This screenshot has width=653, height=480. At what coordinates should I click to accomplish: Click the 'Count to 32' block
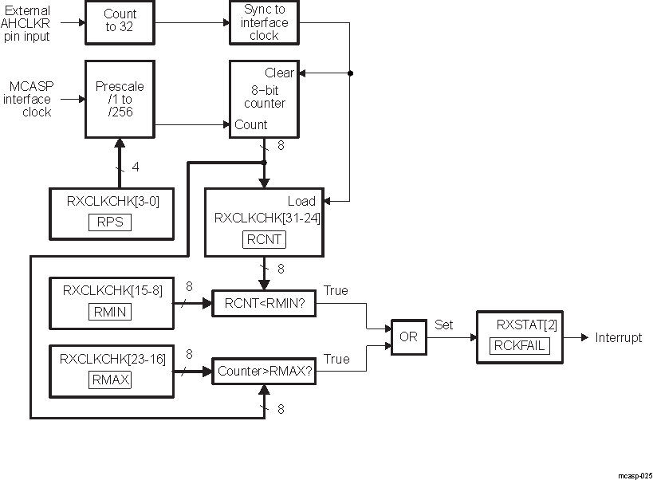(120, 21)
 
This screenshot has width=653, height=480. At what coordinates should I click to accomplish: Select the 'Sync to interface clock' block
(264, 22)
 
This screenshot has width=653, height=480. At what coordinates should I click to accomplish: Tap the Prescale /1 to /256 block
(120, 100)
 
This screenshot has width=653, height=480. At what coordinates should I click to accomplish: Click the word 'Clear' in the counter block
(279, 73)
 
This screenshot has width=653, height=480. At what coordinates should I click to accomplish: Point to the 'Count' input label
(250, 124)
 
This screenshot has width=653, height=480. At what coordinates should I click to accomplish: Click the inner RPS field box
(111, 222)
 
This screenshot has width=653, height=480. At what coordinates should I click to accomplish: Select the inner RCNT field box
(264, 239)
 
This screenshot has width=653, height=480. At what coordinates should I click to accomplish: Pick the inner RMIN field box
(111, 312)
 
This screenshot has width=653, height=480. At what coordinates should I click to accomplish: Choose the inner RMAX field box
(111, 380)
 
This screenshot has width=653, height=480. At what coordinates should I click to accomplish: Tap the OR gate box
(408, 337)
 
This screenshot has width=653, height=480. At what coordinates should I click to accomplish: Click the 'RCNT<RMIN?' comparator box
(264, 303)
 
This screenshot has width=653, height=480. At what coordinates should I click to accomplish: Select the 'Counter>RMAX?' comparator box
(264, 371)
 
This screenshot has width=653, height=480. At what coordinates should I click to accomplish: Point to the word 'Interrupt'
(618, 337)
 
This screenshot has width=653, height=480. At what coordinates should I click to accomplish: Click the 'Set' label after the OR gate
(443, 325)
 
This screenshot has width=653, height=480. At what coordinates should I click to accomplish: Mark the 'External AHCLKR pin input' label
(27, 23)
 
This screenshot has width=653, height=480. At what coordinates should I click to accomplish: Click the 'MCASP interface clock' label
(30, 100)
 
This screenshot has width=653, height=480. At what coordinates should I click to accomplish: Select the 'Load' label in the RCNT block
(301, 201)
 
